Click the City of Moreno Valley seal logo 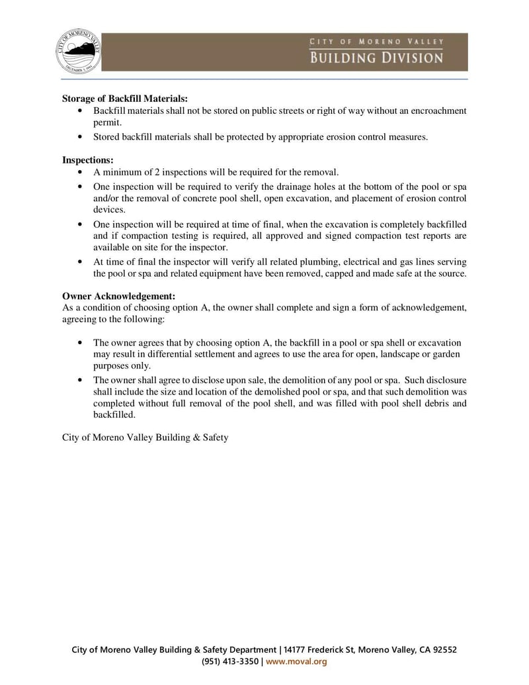click(x=79, y=52)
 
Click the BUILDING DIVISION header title click(x=377, y=58)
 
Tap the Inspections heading click(x=88, y=160)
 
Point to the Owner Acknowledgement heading click(x=118, y=297)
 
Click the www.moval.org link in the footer click(x=296, y=661)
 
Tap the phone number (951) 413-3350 click(x=230, y=661)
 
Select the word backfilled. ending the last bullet click(x=114, y=415)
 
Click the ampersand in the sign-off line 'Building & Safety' click(x=196, y=437)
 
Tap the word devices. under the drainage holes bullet click(x=109, y=210)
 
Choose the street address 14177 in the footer click(x=297, y=650)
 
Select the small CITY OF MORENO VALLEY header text click(x=377, y=42)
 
